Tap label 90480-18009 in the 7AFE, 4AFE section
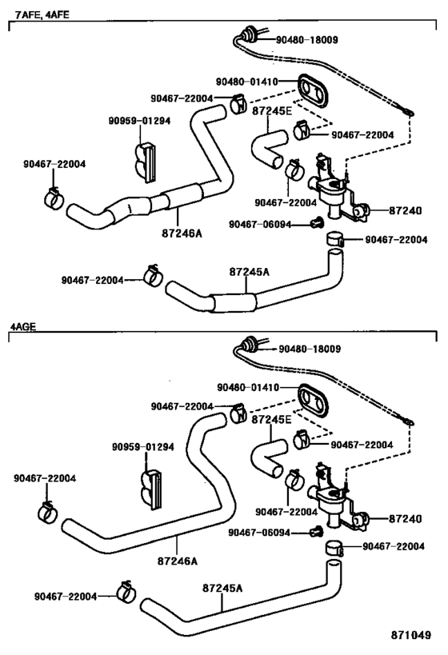click(309, 38)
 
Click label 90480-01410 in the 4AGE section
click(247, 387)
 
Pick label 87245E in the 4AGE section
click(271, 418)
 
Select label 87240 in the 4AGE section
click(404, 518)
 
